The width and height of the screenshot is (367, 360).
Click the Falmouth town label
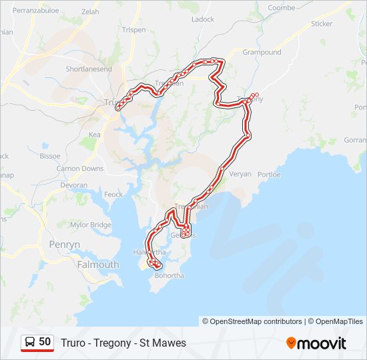click(x=98, y=265)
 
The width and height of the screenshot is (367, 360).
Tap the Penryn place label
click(x=65, y=245)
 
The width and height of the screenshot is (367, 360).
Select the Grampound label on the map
click(x=262, y=52)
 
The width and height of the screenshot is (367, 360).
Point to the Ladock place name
click(x=203, y=19)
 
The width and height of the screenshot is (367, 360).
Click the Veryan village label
click(x=240, y=174)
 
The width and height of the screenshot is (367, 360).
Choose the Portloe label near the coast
click(x=270, y=175)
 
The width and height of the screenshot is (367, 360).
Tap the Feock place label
click(x=113, y=195)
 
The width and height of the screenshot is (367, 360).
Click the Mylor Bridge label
click(x=91, y=225)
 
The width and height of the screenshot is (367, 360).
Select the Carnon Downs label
click(x=80, y=169)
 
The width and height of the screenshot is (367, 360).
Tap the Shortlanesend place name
click(x=89, y=69)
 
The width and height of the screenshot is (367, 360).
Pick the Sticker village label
click(x=321, y=24)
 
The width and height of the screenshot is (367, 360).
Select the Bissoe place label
click(x=49, y=156)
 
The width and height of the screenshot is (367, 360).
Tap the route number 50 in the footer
click(x=45, y=342)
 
